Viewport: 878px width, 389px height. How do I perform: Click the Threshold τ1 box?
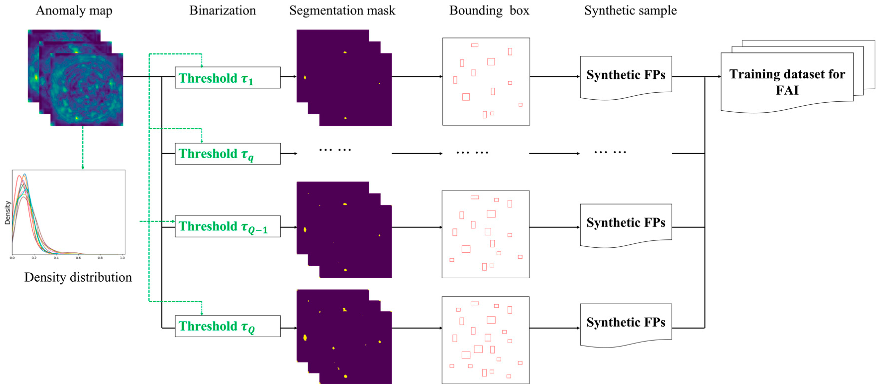coord(227,78)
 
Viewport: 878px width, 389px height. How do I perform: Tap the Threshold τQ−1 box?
coord(227,226)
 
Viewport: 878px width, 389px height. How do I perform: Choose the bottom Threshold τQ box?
coord(227,326)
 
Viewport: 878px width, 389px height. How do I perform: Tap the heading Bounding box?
coord(489,10)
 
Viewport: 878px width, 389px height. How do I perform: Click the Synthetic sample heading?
coord(630,10)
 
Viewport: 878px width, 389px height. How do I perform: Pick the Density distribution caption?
coord(78,277)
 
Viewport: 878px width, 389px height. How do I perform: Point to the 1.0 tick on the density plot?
coord(122,258)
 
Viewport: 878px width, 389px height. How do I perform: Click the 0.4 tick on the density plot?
coord(56,258)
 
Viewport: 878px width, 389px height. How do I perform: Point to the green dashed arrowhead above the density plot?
coord(83,167)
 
